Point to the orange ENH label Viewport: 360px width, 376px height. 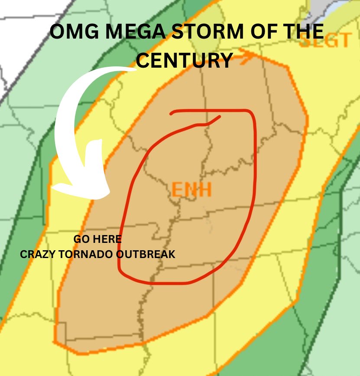point(191,190)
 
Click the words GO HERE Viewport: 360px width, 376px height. point(97,239)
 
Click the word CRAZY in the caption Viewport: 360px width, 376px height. point(36,254)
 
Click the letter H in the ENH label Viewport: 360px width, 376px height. point(205,190)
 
